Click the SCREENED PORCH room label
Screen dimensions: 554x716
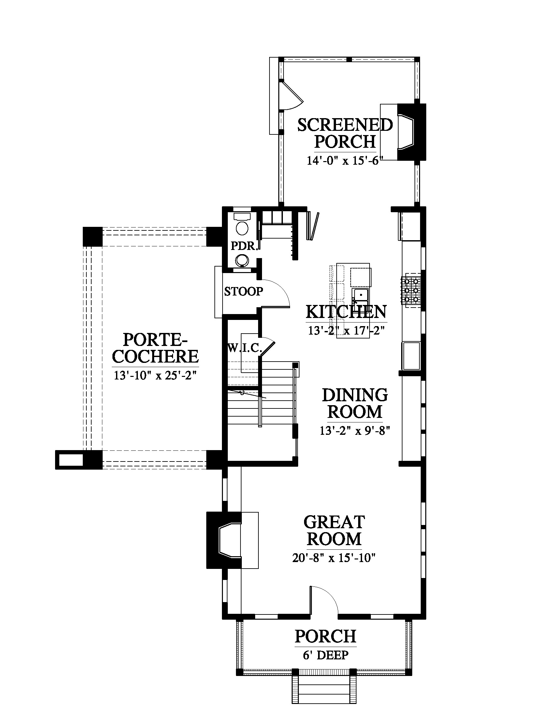(x=345, y=133)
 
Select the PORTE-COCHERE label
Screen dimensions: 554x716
(x=155, y=348)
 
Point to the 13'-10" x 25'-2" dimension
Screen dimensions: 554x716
(x=155, y=375)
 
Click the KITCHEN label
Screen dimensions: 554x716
(x=346, y=312)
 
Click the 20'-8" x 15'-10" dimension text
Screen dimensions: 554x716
(x=334, y=558)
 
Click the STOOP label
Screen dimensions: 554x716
(x=243, y=291)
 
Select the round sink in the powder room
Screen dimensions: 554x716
(x=242, y=261)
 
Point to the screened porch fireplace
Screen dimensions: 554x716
(x=412, y=132)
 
